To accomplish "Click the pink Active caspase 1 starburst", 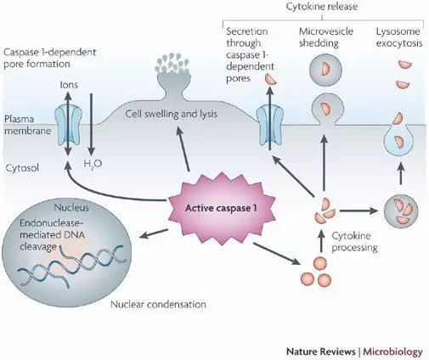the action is [222, 209].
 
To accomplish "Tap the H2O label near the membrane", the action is [93, 164].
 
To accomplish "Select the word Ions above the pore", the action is [69, 85].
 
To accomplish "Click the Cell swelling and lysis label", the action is [172, 114].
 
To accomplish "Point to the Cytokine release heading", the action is [322, 7].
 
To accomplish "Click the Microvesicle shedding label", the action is [326, 37].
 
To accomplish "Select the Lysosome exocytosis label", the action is [399, 37].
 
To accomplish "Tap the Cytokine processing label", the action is [355, 242].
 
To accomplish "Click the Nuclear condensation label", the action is [158, 305].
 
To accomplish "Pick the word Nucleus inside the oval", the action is [71, 208].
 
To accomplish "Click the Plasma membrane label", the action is [27, 125].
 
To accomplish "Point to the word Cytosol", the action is [22, 168].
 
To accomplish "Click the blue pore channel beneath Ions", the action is [68, 124].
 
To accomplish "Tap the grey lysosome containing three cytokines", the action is [401, 211].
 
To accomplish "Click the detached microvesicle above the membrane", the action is [325, 70].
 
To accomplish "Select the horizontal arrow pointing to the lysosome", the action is [359, 211].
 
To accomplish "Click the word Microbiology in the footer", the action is [392, 352].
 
